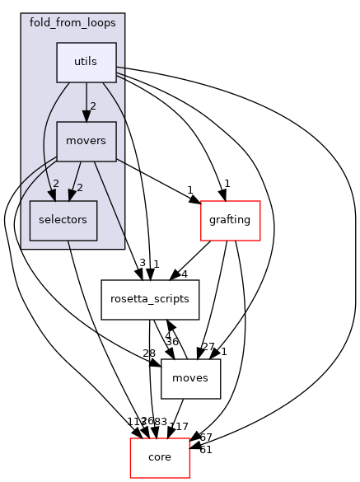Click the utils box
click(x=86, y=62)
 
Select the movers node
click(x=86, y=141)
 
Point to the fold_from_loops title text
click(x=72, y=23)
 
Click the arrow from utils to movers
click(x=86, y=101)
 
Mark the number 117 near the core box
click(x=178, y=428)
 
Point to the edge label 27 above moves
click(x=208, y=347)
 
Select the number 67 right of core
click(x=205, y=437)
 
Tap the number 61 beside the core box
click(x=205, y=449)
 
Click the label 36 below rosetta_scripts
click(x=171, y=342)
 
